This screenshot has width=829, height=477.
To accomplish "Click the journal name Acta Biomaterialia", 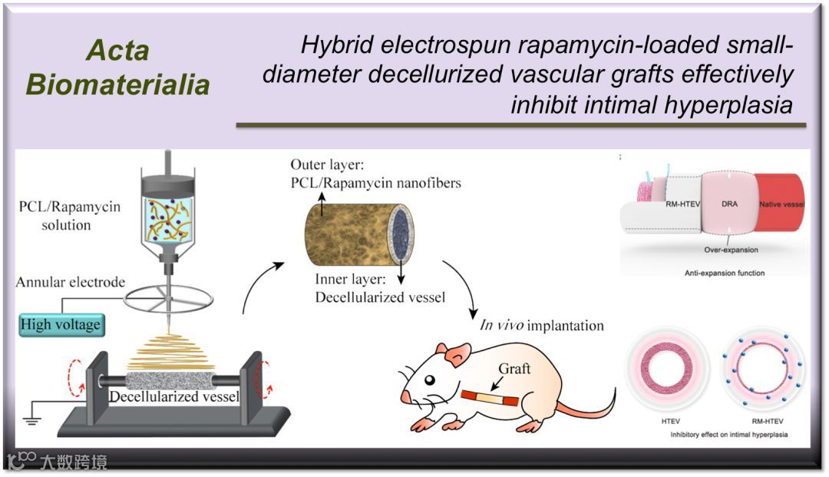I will click(x=117, y=68).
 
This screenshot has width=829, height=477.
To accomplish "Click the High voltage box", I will click(x=61, y=324).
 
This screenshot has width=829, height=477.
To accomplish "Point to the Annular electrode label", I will click(x=71, y=283).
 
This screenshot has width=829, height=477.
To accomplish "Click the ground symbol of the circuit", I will click(x=31, y=421).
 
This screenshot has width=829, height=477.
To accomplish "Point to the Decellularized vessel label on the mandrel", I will click(x=173, y=397).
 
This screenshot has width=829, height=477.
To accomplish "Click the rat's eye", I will click(x=430, y=379).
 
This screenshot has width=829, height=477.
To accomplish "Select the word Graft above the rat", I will click(x=514, y=369).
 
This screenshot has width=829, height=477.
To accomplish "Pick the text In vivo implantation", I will click(x=542, y=325).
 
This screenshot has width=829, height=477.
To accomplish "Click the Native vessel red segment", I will click(x=779, y=203).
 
